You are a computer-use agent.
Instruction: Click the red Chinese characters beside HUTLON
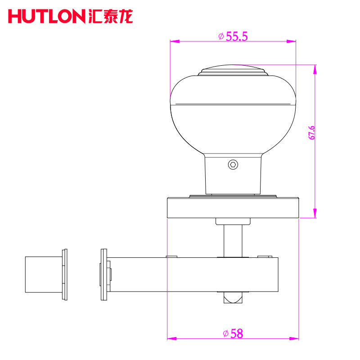pos(110,16)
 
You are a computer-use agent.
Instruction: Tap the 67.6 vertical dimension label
pos(311,132)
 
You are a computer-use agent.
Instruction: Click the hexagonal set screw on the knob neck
pos(233,165)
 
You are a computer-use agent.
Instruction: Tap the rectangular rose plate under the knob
pos(233,207)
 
